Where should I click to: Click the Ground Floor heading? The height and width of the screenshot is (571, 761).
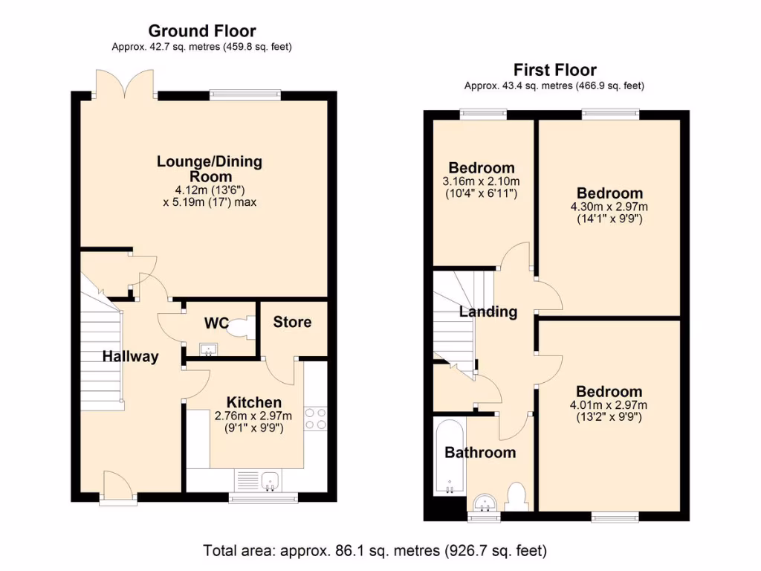(x=202, y=31)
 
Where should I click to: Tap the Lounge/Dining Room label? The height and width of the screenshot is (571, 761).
(x=209, y=169)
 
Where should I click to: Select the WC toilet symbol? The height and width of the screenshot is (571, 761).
(x=239, y=328)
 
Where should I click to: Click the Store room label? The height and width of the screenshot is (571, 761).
(x=292, y=322)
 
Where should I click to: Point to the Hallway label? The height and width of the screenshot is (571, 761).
(x=131, y=356)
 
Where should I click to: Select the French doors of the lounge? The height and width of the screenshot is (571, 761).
(x=126, y=86)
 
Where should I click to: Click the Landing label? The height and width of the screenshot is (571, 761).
(x=488, y=312)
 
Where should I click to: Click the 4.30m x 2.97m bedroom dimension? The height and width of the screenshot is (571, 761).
(x=609, y=207)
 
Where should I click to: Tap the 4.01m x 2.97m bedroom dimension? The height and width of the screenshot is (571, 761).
(x=609, y=405)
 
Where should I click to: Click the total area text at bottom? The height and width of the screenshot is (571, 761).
(x=375, y=551)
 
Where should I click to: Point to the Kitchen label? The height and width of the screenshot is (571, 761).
(x=253, y=402)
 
